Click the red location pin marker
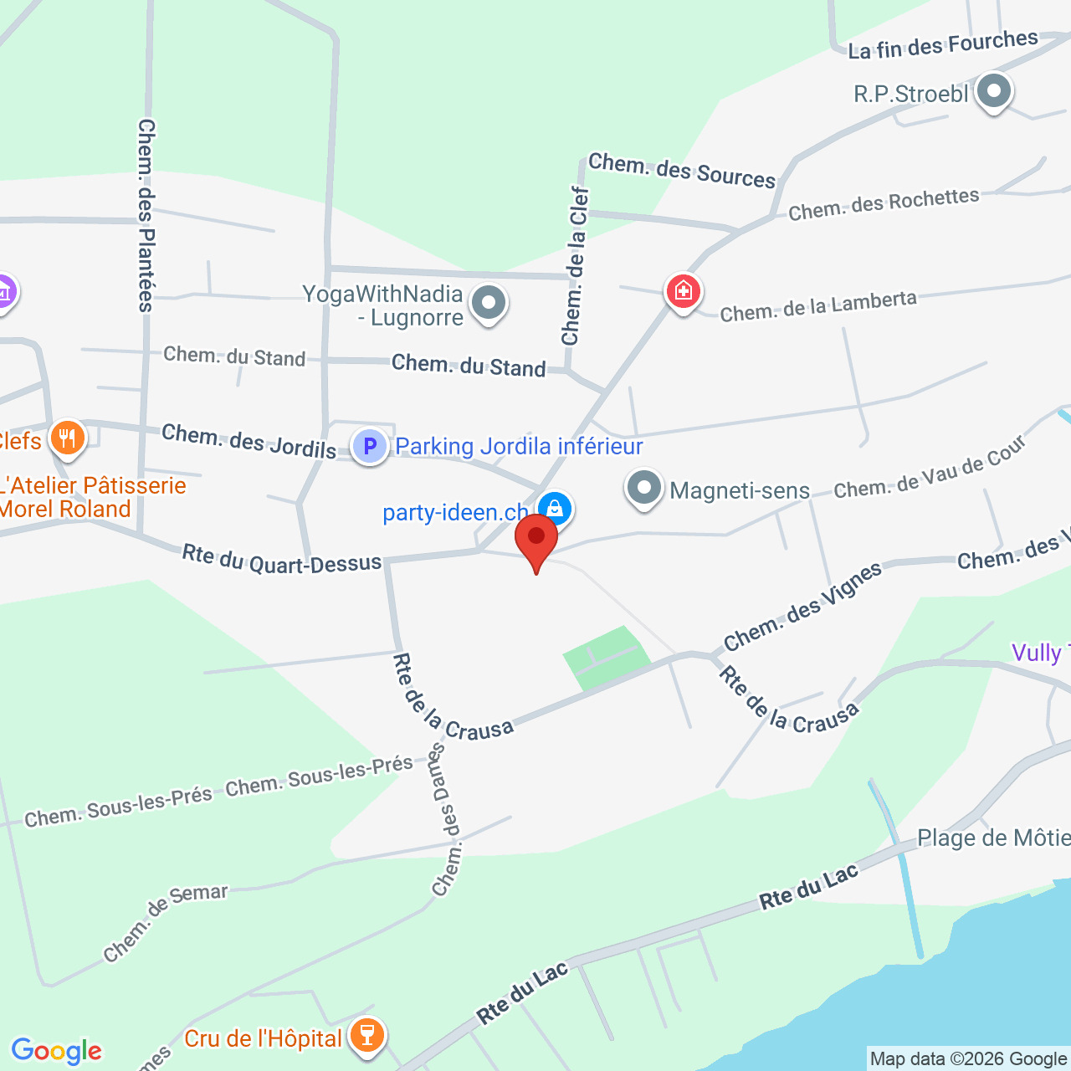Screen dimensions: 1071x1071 click(536, 540)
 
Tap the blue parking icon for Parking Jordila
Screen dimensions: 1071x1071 click(369, 446)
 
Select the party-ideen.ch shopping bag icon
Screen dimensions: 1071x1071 click(554, 508)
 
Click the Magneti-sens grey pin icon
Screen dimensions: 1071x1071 click(643, 488)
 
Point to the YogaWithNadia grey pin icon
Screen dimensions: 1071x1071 click(488, 303)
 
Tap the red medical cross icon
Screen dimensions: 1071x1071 click(683, 291)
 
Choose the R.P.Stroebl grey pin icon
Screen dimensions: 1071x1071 click(993, 91)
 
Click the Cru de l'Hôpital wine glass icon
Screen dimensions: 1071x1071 click(366, 1035)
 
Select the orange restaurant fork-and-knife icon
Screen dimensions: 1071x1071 click(67, 437)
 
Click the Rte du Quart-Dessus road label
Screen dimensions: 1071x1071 click(282, 559)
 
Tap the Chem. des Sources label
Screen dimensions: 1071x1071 click(682, 171)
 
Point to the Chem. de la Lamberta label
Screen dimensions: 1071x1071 click(818, 306)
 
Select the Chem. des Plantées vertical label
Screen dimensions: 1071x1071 click(146, 215)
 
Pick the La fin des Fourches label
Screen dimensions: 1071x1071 click(943, 44)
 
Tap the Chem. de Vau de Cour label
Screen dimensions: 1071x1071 click(930, 469)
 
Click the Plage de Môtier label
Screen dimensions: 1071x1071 click(993, 838)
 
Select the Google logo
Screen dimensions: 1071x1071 click(56, 1051)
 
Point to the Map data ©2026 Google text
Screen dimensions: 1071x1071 click(968, 1059)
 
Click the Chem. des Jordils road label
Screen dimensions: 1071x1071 click(249, 441)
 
